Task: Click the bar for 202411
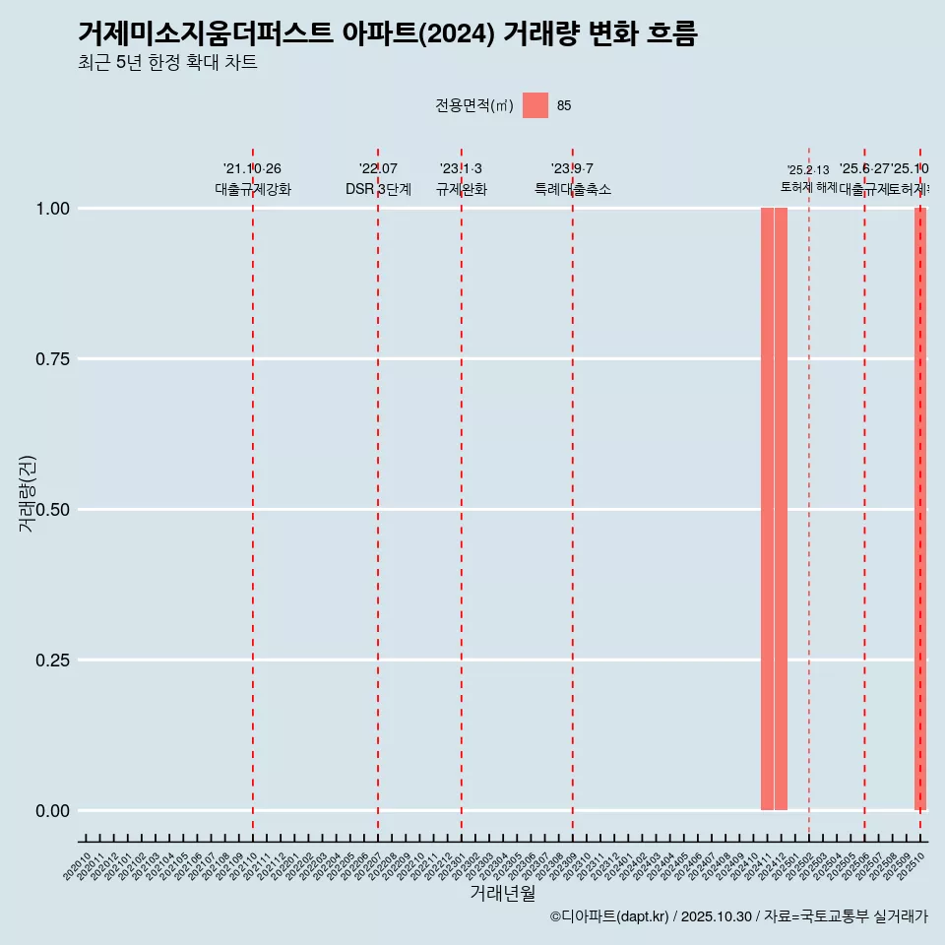click(x=767, y=509)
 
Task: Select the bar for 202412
click(x=781, y=509)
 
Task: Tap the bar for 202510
click(x=920, y=509)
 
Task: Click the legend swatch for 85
click(x=535, y=105)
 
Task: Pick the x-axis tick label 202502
click(x=804, y=866)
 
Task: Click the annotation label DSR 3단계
click(x=378, y=190)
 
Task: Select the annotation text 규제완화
click(x=462, y=190)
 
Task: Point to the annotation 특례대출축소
click(x=573, y=190)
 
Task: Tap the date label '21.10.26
click(x=253, y=169)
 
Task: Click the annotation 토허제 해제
click(x=809, y=187)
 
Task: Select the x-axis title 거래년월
click(x=503, y=893)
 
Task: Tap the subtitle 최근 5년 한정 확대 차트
click(x=167, y=63)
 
